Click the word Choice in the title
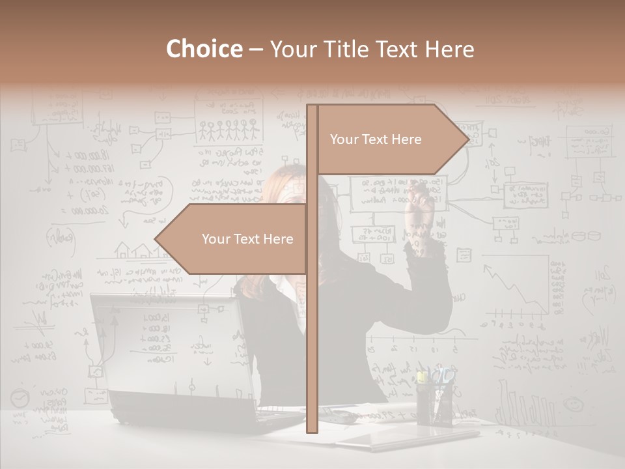(x=204, y=49)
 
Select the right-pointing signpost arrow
(x=391, y=139)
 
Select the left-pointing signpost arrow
(x=234, y=239)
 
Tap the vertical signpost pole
(x=312, y=293)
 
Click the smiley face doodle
(x=574, y=405)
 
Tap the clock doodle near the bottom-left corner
(x=20, y=397)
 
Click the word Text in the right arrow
(x=376, y=139)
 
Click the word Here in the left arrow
(x=278, y=239)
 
